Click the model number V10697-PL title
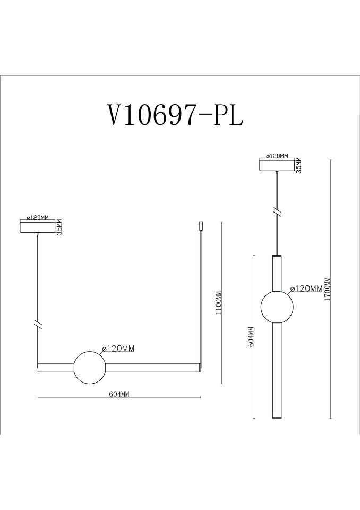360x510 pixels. click(175, 116)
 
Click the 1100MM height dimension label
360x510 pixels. click(219, 302)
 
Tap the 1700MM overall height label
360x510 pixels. click(327, 289)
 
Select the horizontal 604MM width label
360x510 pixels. click(119, 394)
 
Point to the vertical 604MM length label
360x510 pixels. click(251, 336)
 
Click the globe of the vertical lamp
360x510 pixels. click(277, 307)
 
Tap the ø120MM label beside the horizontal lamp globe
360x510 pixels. click(118, 348)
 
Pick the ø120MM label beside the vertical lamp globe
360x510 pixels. click(306, 288)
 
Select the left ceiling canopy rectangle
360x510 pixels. click(38, 227)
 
